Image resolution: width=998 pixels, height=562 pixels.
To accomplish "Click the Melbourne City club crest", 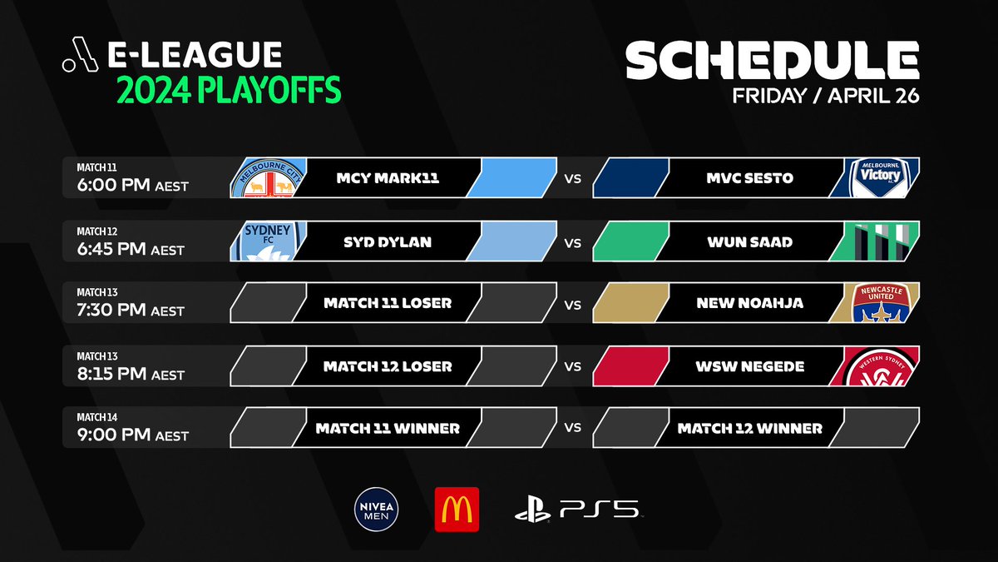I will (265, 178).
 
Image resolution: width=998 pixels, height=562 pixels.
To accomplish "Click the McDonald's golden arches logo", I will (457, 509).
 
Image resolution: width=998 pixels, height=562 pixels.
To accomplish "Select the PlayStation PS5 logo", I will (578, 510).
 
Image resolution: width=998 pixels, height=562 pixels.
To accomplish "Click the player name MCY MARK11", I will (388, 178).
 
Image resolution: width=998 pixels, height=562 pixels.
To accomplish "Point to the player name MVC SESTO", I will (749, 178).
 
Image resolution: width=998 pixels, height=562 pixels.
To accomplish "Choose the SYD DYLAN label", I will (388, 241).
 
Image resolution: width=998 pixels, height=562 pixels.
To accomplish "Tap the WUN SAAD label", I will (749, 241).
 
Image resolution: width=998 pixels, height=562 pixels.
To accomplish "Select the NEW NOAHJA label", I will (749, 304).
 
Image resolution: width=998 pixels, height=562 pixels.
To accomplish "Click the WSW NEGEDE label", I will (749, 366).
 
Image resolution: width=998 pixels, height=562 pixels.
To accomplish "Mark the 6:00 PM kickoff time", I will (132, 185).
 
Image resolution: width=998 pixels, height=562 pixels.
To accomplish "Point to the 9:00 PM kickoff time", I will (132, 435).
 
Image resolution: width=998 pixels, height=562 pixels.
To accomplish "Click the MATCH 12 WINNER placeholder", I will (749, 429).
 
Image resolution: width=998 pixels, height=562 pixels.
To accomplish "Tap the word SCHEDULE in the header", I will (773, 62).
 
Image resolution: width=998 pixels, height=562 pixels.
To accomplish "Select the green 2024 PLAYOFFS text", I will (229, 90).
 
